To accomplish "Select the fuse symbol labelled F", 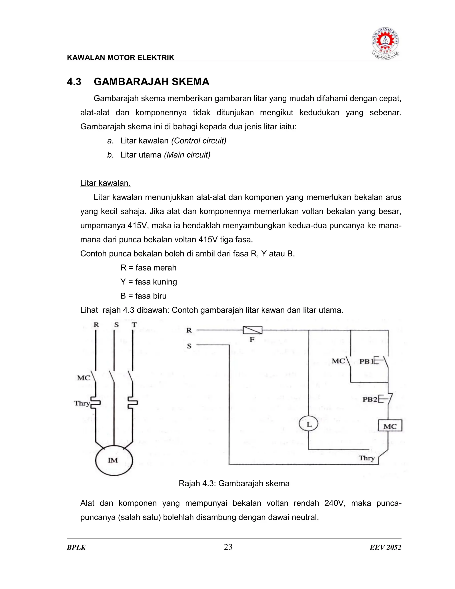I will point(252,330).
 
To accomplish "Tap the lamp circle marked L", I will point(309,424).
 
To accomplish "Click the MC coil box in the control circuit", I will point(390,426).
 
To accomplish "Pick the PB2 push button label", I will point(370,399).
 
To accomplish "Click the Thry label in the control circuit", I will point(366,458).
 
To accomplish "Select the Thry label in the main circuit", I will point(82,403).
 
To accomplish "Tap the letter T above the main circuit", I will point(134,325).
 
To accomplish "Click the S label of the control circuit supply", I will point(189,346).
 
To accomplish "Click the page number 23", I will point(228,547).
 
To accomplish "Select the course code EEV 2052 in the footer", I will point(385,547).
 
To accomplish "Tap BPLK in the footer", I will point(76,547).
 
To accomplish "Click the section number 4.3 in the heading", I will point(74,82).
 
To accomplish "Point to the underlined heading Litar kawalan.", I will point(105,183).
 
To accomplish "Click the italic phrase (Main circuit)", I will point(187,155).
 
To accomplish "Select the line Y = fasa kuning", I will point(149,282).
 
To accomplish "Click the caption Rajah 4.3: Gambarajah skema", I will point(234,483).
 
